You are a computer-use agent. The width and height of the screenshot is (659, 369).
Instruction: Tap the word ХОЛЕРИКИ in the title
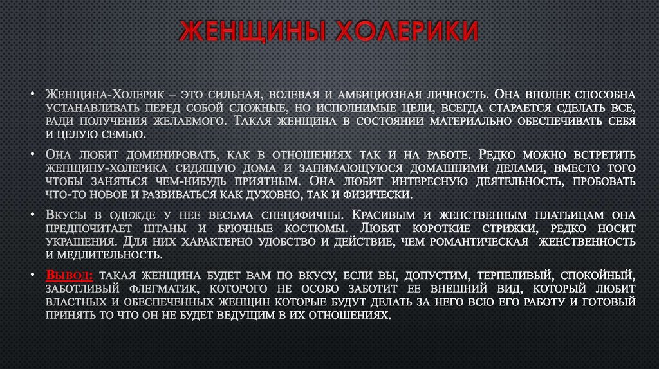[x=398, y=33]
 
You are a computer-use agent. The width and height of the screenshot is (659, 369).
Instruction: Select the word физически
[x=377, y=194]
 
